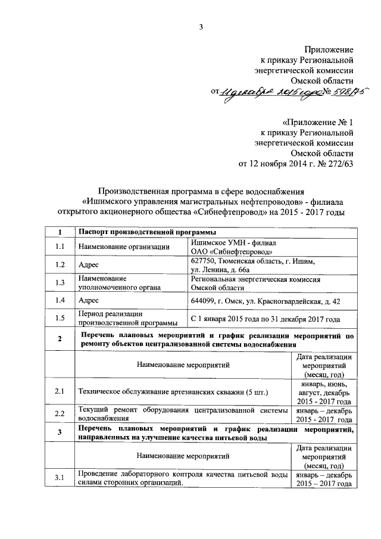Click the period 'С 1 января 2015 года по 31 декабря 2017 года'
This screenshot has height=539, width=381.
pyautogui.click(x=266, y=320)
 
